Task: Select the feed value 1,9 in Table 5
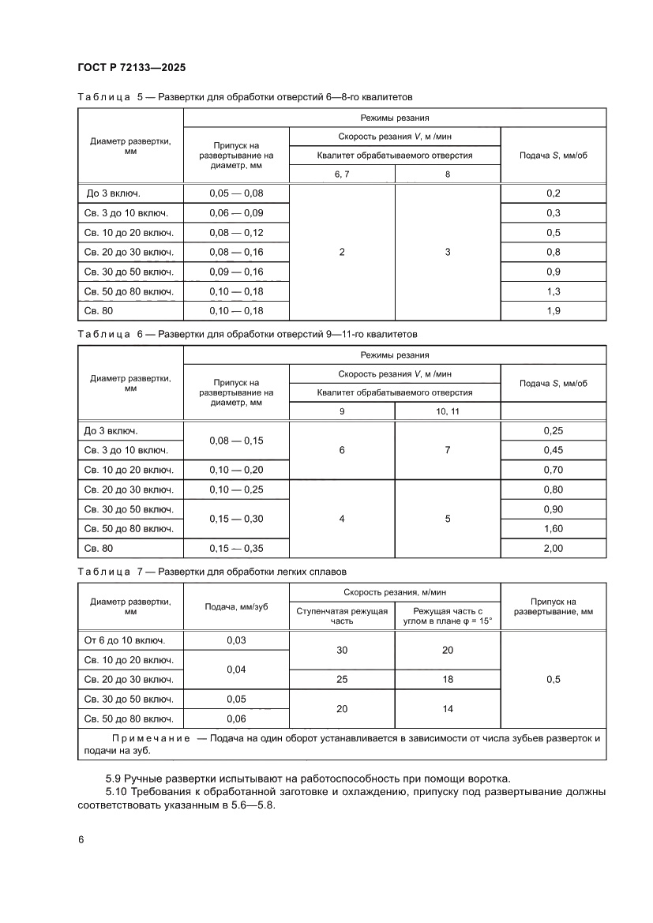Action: pyautogui.click(x=553, y=311)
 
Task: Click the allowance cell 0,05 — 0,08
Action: pyautogui.click(x=236, y=193)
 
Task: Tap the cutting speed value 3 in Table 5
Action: pyautogui.click(x=448, y=252)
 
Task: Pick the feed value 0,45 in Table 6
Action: pyautogui.click(x=553, y=450)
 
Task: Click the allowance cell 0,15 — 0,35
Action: pyautogui.click(x=236, y=548)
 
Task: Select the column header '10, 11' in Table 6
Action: pyautogui.click(x=448, y=411)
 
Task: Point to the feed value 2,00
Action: pyautogui.click(x=553, y=548)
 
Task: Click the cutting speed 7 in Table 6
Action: pyautogui.click(x=448, y=450)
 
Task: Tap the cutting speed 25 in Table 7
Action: pyautogui.click(x=342, y=680)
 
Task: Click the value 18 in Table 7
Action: pyautogui.click(x=448, y=680)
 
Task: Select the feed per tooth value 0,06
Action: pyautogui.click(x=236, y=719)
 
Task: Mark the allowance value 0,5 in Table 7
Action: pyautogui.click(x=553, y=680)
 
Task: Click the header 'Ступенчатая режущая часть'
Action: pyautogui.click(x=342, y=616)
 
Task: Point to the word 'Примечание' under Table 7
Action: pyautogui.click(x=151, y=738)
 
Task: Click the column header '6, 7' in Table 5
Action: pyautogui.click(x=342, y=174)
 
